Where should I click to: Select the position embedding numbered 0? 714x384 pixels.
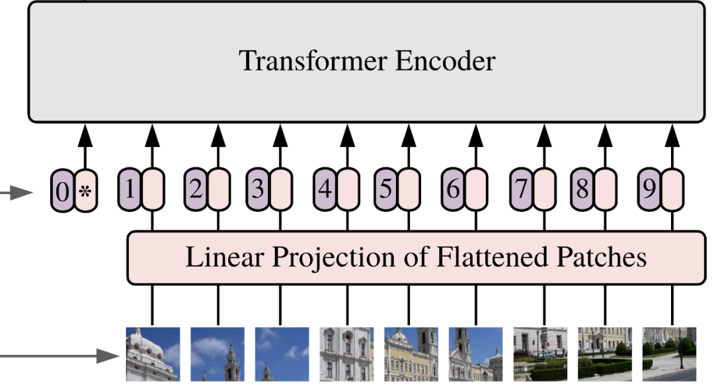tap(63, 192)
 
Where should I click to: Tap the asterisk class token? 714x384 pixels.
tap(85, 192)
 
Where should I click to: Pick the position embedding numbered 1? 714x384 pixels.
tap(130, 190)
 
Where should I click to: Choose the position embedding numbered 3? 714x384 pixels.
tap(258, 190)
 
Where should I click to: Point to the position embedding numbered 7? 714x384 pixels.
tap(522, 190)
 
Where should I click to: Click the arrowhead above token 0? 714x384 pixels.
tap(85, 135)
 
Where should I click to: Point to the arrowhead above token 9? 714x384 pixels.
tap(672, 135)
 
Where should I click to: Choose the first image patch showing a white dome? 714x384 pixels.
tap(153, 354)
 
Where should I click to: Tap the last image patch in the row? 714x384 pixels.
tap(669, 354)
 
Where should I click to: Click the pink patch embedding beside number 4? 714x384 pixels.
tap(347, 190)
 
